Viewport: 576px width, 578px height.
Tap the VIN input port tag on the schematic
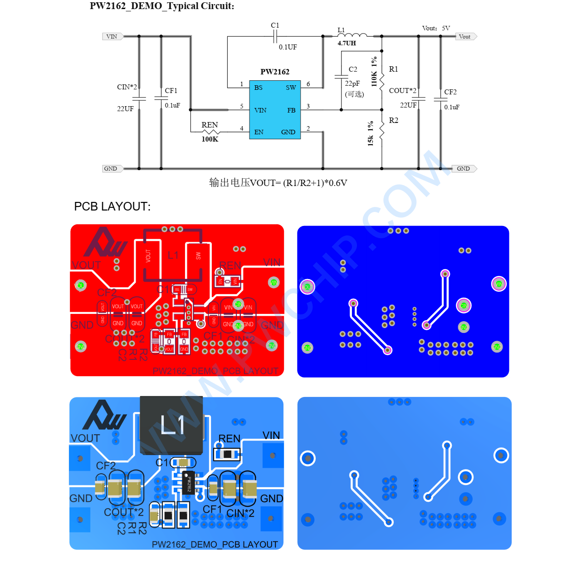point(112,37)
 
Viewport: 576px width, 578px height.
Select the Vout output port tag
point(465,37)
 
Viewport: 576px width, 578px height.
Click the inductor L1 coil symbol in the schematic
point(352,35)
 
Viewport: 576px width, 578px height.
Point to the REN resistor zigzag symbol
point(210,132)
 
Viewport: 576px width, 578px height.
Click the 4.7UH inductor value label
point(347,44)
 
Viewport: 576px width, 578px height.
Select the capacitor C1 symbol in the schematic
point(275,36)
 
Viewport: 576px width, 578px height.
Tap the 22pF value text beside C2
point(352,83)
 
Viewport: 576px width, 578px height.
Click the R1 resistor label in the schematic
point(393,69)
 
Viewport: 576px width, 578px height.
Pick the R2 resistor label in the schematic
point(393,120)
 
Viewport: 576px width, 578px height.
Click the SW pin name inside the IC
point(291,88)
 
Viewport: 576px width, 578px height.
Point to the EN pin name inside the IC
point(259,132)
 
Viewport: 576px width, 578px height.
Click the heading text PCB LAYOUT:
point(112,206)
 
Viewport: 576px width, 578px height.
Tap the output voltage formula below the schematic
point(278,183)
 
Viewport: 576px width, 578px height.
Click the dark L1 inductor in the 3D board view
point(171,425)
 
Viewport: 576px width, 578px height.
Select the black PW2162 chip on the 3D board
point(189,483)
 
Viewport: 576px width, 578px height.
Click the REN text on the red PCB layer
point(230,265)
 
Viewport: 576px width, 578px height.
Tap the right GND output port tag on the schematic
point(464,169)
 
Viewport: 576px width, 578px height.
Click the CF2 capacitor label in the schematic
point(450,92)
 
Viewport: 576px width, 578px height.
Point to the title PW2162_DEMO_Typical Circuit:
point(162,6)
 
